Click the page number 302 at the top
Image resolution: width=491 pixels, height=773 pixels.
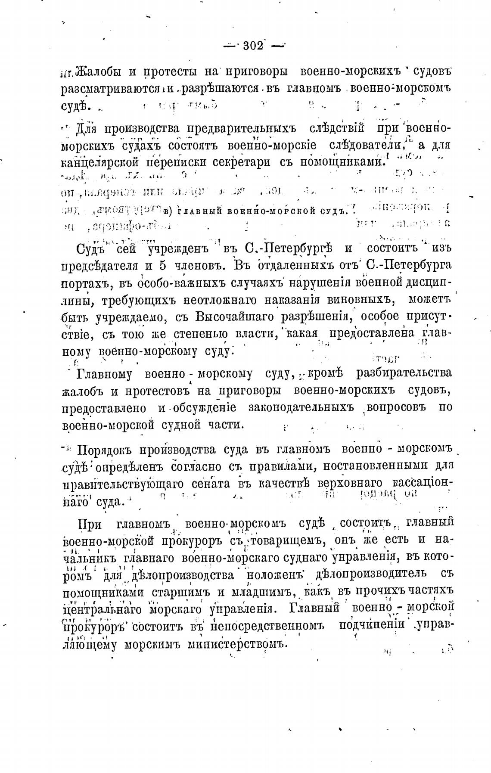[253, 46]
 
